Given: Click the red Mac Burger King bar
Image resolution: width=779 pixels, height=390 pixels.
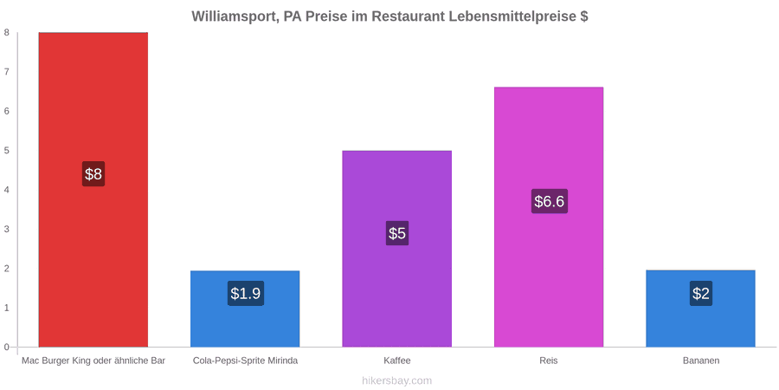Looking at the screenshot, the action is point(93,190).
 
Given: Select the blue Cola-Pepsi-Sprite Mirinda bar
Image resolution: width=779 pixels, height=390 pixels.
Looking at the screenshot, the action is point(245,309).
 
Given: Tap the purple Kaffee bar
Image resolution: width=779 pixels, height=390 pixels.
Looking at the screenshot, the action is point(397,249).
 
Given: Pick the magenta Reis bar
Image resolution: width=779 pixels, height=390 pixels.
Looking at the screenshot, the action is point(549,217).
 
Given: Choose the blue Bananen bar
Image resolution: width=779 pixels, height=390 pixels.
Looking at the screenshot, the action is point(700,309).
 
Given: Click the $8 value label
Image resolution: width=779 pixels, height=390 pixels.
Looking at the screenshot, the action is point(93,174).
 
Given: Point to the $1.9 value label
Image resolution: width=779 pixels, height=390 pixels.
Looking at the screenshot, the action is point(246,294).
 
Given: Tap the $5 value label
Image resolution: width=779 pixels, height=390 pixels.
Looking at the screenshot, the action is point(397,233).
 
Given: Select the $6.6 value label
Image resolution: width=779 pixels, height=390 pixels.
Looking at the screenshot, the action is point(549,201).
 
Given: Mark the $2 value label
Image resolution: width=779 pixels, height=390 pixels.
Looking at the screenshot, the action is point(700,294).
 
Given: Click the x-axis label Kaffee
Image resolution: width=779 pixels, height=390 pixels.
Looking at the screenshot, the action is point(397,361).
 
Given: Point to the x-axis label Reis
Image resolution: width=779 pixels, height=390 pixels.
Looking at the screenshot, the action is point(549,361).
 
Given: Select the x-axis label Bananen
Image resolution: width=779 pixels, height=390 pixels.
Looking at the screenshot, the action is point(700,361).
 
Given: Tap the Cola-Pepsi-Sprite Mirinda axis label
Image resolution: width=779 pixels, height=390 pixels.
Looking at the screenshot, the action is point(246,361).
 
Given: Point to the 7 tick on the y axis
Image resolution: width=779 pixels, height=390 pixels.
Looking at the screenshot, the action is point(8,72).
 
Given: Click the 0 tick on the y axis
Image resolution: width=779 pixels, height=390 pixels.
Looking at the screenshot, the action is point(8,347).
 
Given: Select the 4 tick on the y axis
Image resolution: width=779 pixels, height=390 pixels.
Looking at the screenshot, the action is point(8,190).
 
